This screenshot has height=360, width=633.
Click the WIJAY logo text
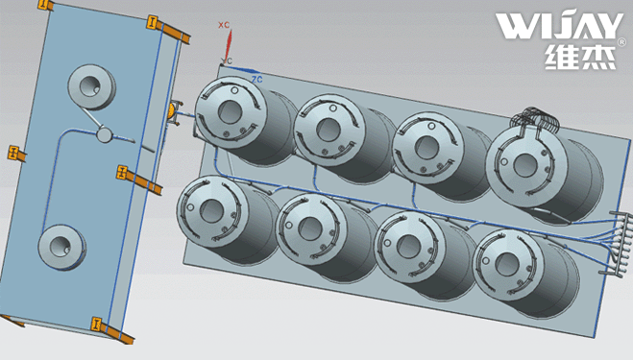click(560, 26)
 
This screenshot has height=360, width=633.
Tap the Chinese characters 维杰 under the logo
click(580, 56)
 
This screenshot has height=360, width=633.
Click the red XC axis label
click(224, 25)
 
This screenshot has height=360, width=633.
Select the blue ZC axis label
click(256, 79)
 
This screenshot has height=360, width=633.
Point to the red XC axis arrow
click(228, 45)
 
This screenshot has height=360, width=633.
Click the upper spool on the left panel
click(92, 86)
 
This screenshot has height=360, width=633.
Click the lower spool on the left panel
click(62, 247)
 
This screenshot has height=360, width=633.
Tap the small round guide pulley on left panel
click(104, 134)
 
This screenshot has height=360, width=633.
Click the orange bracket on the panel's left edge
click(16, 154)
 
